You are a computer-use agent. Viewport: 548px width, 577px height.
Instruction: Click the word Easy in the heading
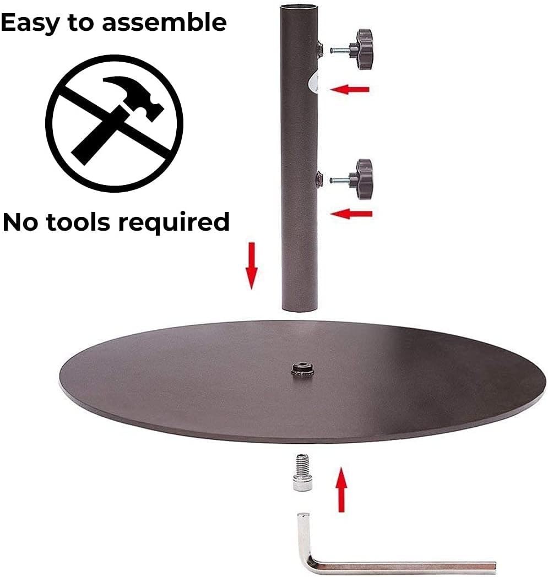click(26, 22)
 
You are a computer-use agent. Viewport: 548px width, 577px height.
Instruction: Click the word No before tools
click(19, 222)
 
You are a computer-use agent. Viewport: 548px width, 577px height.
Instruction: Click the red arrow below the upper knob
click(350, 88)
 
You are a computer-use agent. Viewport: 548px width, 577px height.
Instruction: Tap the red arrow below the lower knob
click(353, 214)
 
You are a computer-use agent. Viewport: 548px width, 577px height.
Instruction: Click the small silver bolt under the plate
click(300, 472)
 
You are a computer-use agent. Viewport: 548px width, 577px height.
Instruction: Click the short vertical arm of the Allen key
click(303, 534)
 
